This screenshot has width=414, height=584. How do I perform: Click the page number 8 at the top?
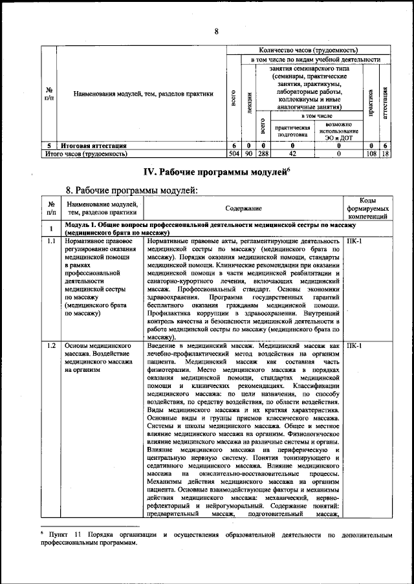217,31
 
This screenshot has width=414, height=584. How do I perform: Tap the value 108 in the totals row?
371,155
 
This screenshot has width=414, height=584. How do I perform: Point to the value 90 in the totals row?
248,155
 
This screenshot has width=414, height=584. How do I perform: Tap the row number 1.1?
50,241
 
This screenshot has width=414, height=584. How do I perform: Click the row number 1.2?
50,345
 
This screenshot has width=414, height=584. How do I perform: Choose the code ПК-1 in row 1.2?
354,345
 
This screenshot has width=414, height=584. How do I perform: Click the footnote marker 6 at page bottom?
41,534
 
